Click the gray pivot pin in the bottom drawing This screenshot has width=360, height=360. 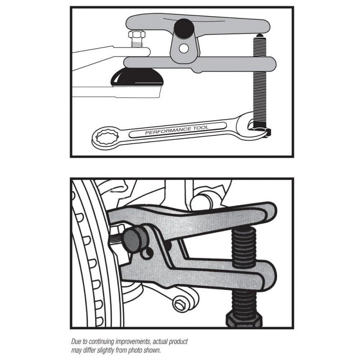pos(133,239)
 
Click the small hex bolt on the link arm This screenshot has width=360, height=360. pos(181,304)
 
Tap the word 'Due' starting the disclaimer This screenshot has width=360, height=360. pos(76,342)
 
